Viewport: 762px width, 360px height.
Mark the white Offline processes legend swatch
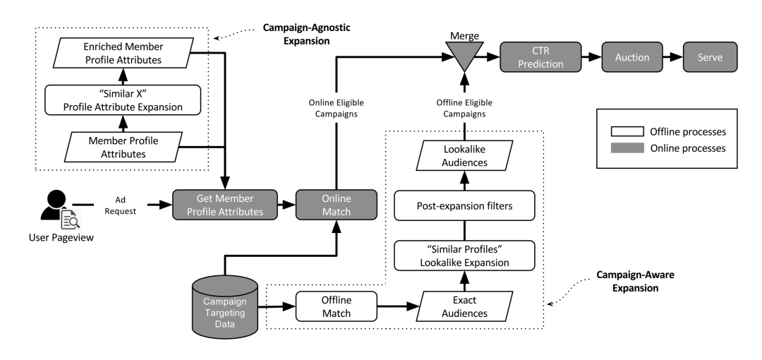[623, 132]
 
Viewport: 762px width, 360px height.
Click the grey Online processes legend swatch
[623, 149]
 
